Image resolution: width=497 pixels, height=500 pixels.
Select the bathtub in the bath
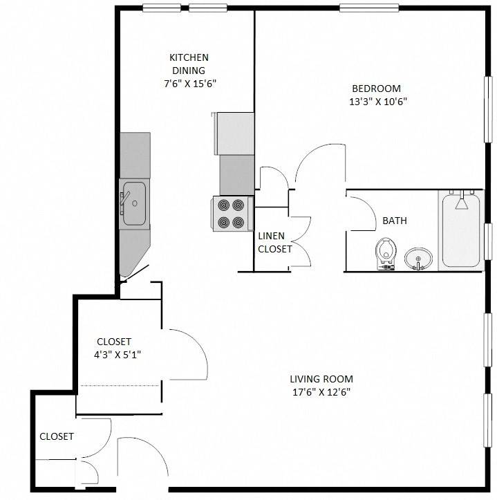[461, 232]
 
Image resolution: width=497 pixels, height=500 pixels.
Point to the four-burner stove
[231, 214]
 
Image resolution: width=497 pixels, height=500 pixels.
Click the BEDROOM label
[376, 89]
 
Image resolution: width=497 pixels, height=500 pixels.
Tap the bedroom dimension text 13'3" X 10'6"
[376, 102]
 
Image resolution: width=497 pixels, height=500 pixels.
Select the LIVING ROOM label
[321, 379]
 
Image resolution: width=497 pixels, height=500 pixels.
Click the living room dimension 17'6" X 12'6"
[321, 392]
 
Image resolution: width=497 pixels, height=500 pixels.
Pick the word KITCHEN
[189, 57]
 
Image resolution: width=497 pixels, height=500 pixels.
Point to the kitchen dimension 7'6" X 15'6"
[189, 83]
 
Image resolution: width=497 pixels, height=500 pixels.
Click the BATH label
[394, 221]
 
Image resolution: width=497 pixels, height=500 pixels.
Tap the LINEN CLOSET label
[274, 242]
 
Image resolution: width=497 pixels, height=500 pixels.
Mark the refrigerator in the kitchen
[235, 133]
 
